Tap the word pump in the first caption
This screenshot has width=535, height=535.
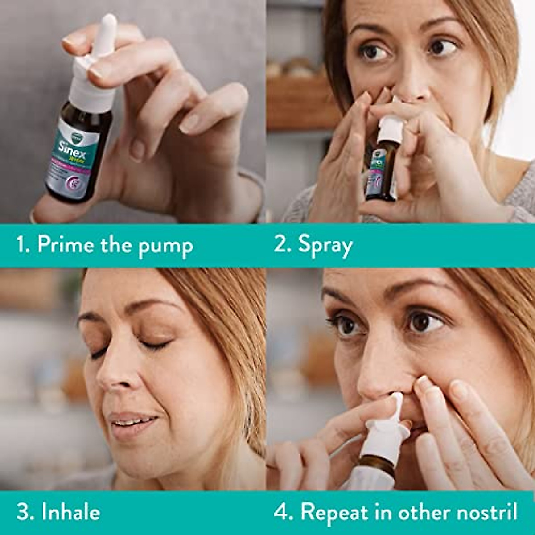[x=165, y=247]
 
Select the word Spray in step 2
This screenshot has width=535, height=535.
[x=325, y=246]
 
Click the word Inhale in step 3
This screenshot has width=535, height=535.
[x=70, y=512]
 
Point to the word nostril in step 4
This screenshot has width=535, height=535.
[x=490, y=512]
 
